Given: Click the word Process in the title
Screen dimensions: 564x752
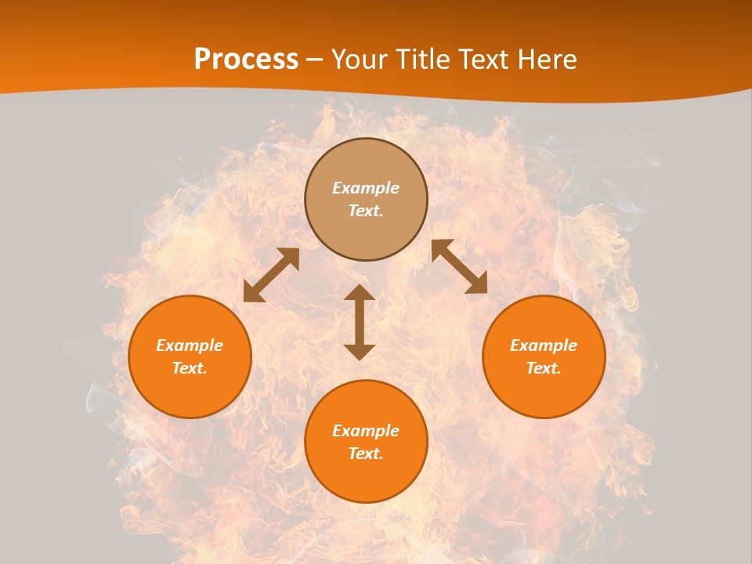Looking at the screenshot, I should (246, 60).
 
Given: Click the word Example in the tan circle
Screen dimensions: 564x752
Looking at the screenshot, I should (366, 188).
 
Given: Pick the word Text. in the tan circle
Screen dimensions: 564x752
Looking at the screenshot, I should (366, 211).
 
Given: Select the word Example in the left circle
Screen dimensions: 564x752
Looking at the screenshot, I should (190, 345).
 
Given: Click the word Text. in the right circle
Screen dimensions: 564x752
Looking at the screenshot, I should (544, 368).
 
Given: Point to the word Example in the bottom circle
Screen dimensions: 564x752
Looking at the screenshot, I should (366, 431).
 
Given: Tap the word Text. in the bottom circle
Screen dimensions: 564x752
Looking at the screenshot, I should (366, 454).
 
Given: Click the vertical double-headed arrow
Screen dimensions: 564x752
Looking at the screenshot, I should (360, 322).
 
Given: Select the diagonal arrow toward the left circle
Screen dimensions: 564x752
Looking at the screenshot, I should (271, 275).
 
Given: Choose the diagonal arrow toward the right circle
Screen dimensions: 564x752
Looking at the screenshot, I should (459, 266).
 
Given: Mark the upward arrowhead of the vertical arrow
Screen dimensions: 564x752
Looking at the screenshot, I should (360, 293).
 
